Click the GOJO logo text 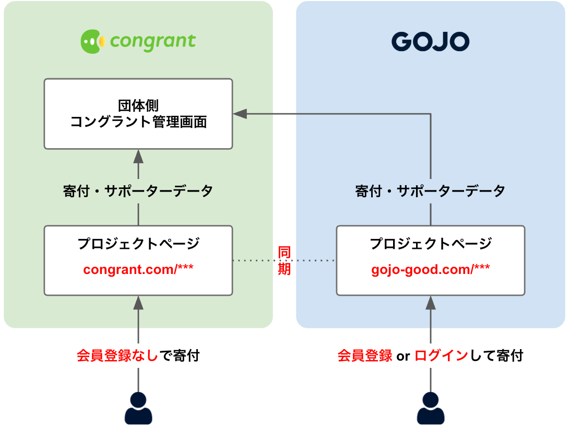click(x=430, y=42)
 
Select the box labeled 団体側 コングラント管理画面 click(x=138, y=114)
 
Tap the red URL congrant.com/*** click(x=138, y=270)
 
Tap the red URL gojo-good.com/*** click(x=431, y=270)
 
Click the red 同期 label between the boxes click(x=284, y=260)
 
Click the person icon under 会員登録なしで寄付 click(x=138, y=408)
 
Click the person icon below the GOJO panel click(x=431, y=408)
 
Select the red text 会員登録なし click(x=117, y=356)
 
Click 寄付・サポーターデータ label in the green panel click(x=138, y=191)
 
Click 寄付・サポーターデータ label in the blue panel click(x=431, y=191)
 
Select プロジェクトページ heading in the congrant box click(x=138, y=243)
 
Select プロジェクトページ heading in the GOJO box click(x=431, y=243)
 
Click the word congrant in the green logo click(x=153, y=41)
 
